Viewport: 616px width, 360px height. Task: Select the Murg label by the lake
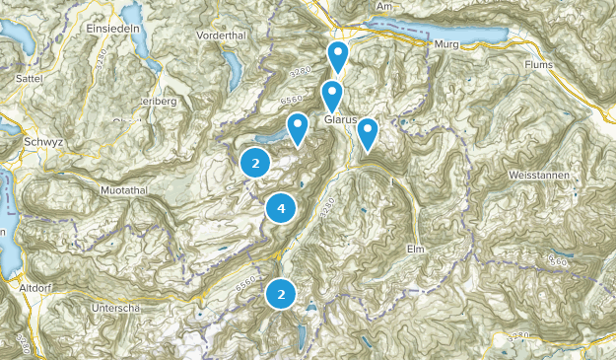[x=446, y=44]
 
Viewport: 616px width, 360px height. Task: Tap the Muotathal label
[x=125, y=187]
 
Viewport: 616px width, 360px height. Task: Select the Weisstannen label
[x=540, y=174]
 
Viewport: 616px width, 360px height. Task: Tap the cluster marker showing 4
[x=281, y=208]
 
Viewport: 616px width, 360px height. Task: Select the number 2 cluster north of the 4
[x=255, y=164]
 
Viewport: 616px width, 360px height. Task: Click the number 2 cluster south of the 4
[x=281, y=293]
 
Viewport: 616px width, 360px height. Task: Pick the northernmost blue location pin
[x=338, y=55]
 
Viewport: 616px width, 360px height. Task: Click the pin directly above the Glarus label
[x=332, y=95]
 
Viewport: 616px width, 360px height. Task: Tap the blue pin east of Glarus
[x=367, y=131]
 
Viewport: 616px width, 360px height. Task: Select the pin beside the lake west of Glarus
[x=298, y=126]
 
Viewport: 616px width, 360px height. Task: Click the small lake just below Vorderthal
[x=234, y=69]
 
